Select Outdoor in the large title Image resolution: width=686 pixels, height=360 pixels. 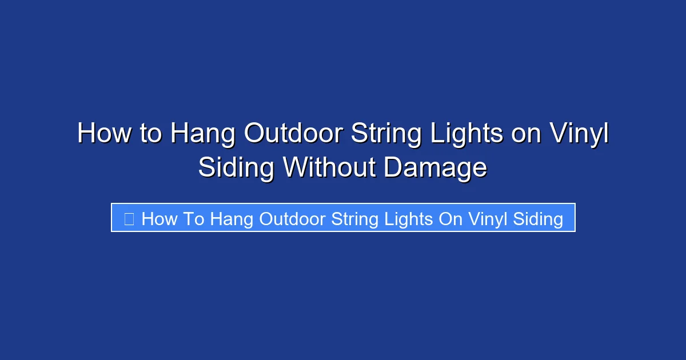coord(293,134)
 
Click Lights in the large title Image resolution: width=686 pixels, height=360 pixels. coord(468,134)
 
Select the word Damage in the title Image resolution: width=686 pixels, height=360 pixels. coord(436,168)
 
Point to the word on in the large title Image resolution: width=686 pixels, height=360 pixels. coord(527,134)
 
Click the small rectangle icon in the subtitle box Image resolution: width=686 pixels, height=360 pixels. coord(129,218)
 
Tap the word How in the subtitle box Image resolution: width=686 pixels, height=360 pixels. coord(159,218)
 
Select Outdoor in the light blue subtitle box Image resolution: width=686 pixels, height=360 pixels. coord(292,218)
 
